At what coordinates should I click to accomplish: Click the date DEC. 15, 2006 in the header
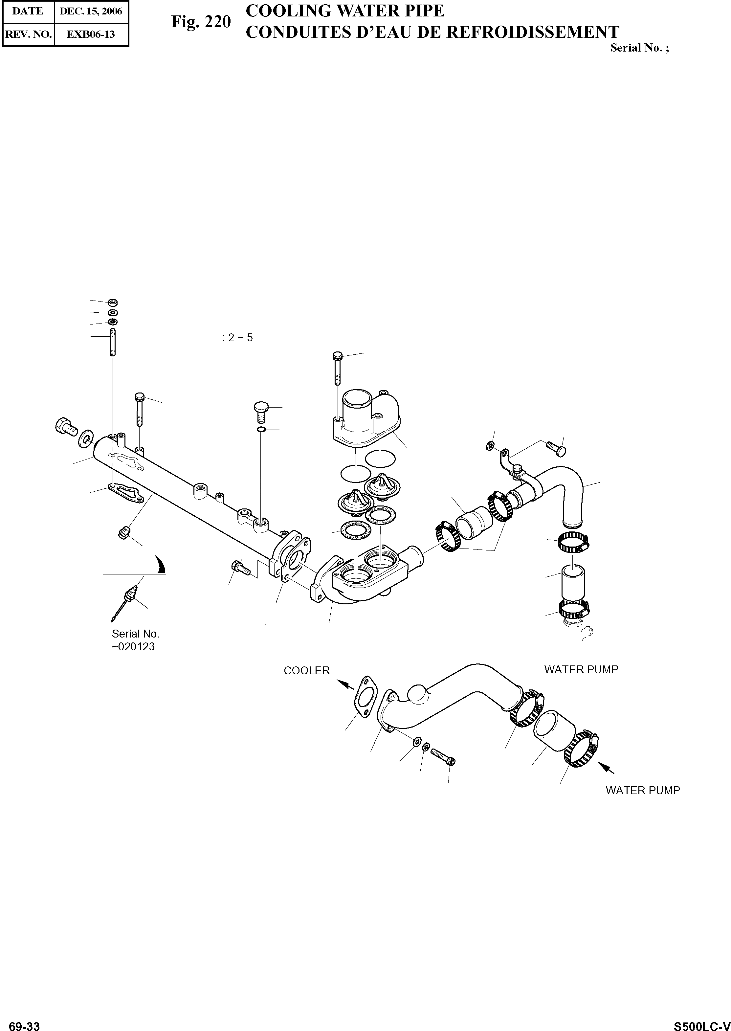(x=91, y=11)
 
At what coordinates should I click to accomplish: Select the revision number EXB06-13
(x=91, y=34)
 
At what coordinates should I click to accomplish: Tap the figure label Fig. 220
(x=201, y=22)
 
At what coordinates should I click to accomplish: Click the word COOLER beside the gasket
(x=306, y=670)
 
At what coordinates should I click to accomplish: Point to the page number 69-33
(x=24, y=1023)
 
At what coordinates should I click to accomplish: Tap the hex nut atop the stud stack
(x=113, y=302)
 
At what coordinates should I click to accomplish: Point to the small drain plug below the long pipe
(x=122, y=533)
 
